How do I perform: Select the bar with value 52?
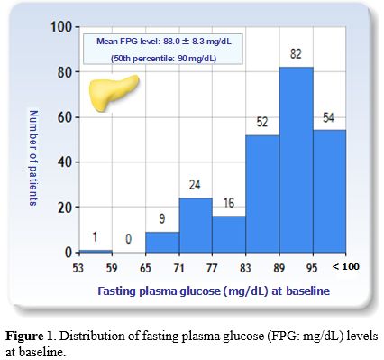(262, 193)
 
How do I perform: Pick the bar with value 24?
(195, 225)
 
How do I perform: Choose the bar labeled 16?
(228, 234)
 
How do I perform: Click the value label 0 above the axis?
(128, 240)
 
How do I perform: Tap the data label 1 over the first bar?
(95, 238)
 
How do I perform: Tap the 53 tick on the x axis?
(78, 267)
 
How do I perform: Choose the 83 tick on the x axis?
(245, 267)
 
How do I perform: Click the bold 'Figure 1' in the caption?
(34, 336)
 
